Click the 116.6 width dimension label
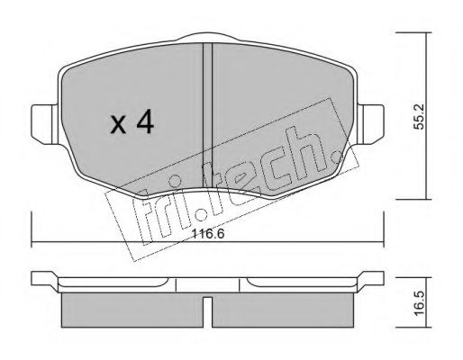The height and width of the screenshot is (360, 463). [x=208, y=234]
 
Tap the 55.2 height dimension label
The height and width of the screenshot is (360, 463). [x=418, y=116]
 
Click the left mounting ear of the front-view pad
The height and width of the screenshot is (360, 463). [x=44, y=124]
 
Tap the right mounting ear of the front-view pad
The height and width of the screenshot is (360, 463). [x=370, y=124]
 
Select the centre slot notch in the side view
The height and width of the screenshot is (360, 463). [x=207, y=312]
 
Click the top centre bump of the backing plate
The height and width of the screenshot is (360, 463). [x=208, y=37]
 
